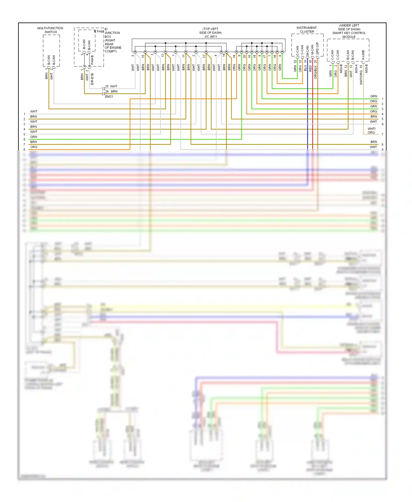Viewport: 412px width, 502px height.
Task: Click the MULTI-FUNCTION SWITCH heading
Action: pos(50,30)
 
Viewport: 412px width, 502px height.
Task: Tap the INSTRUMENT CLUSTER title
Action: pos(307,30)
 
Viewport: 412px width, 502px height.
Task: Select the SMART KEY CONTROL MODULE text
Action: pos(349,35)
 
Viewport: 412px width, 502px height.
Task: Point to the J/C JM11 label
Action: pos(211,37)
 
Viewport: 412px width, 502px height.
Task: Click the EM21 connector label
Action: pos(109,97)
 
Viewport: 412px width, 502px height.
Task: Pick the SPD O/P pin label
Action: pos(317,48)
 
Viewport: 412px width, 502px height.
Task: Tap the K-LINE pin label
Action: pos(363,55)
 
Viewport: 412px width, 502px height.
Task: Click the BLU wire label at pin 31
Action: pos(305,69)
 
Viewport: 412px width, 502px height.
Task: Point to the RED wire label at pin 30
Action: pos(310,69)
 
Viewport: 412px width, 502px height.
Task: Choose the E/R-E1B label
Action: pos(92,79)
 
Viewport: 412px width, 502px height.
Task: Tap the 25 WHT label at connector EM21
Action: pos(111,86)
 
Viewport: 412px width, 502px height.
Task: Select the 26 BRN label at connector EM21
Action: pos(111,91)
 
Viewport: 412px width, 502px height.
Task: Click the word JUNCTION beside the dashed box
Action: pos(112,33)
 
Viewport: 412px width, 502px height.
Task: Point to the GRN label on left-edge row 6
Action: pos(34,137)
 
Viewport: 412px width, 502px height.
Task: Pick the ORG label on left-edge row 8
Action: pos(34,147)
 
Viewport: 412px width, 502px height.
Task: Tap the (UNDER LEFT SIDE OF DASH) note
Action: pos(349,27)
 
